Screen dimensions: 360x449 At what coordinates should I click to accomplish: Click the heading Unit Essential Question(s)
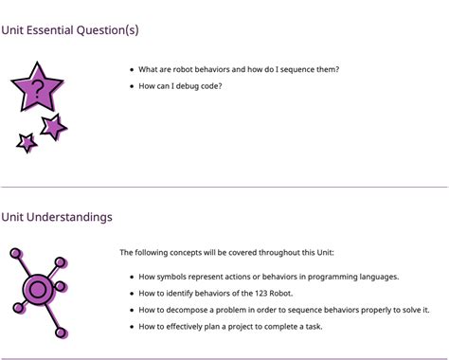pyautogui.click(x=70, y=30)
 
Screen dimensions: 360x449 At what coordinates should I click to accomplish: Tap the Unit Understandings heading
pyautogui.click(x=57, y=217)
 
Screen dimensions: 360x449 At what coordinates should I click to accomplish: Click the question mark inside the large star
pyautogui.click(x=37, y=91)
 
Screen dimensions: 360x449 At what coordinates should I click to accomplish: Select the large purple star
pyautogui.click(x=37, y=88)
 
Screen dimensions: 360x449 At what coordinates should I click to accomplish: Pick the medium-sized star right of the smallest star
pyautogui.click(x=53, y=127)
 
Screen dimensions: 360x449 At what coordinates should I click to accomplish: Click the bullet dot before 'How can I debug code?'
pyautogui.click(x=131, y=86)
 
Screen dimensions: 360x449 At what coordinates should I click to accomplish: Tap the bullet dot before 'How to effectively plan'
pyautogui.click(x=131, y=327)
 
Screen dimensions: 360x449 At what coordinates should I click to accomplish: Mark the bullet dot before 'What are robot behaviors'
pyautogui.click(x=131, y=69)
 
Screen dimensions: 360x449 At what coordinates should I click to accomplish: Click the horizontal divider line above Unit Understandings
pyautogui.click(x=224, y=187)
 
